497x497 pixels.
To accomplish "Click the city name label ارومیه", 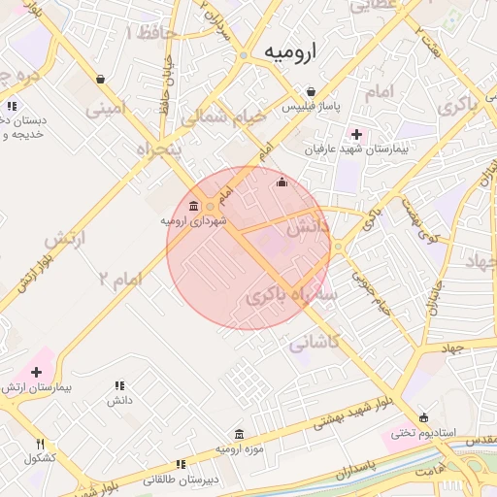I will pos(289,52).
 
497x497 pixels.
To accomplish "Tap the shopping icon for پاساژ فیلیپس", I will pos(310,91).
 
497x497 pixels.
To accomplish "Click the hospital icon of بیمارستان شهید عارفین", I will pos(356,134).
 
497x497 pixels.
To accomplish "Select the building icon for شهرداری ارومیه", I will pos(192,207).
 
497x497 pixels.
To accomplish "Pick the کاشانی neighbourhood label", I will pos(314,342).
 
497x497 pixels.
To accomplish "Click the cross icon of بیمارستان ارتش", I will pos(37,372).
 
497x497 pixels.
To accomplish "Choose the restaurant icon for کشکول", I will pos(40,444).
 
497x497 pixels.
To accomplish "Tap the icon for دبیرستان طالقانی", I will pos(181,465).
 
